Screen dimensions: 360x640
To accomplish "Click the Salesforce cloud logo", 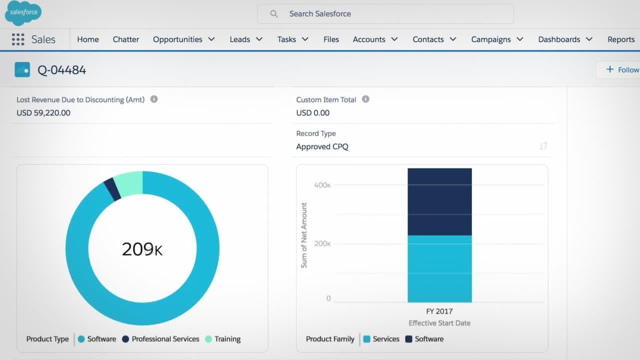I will (x=23, y=13).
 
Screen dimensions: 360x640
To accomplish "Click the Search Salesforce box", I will (x=385, y=14).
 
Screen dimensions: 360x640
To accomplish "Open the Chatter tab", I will (x=126, y=39).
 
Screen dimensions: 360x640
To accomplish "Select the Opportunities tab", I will (x=177, y=39).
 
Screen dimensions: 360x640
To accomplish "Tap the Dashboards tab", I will (x=559, y=39).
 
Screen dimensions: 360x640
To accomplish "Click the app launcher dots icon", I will (x=18, y=39).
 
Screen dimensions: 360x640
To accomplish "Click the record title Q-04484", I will (x=62, y=70).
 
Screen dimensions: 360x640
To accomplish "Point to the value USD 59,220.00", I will (x=43, y=113).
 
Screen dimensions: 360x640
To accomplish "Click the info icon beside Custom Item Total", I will (x=365, y=99).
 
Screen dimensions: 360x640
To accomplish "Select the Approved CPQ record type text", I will (x=322, y=146).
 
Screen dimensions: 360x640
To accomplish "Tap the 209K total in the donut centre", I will (x=142, y=249).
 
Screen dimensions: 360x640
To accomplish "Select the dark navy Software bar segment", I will (x=439, y=201).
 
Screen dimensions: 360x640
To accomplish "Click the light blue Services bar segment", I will (x=439, y=268).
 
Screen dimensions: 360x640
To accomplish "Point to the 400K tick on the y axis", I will (x=322, y=185).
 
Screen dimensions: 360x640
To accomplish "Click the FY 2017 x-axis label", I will (x=439, y=311).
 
